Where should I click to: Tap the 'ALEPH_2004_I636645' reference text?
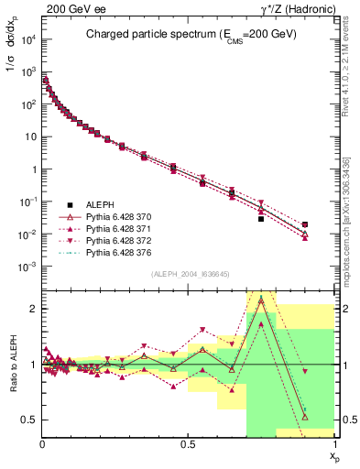188,273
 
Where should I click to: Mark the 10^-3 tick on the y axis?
30,267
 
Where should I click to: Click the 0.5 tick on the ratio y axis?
30,420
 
